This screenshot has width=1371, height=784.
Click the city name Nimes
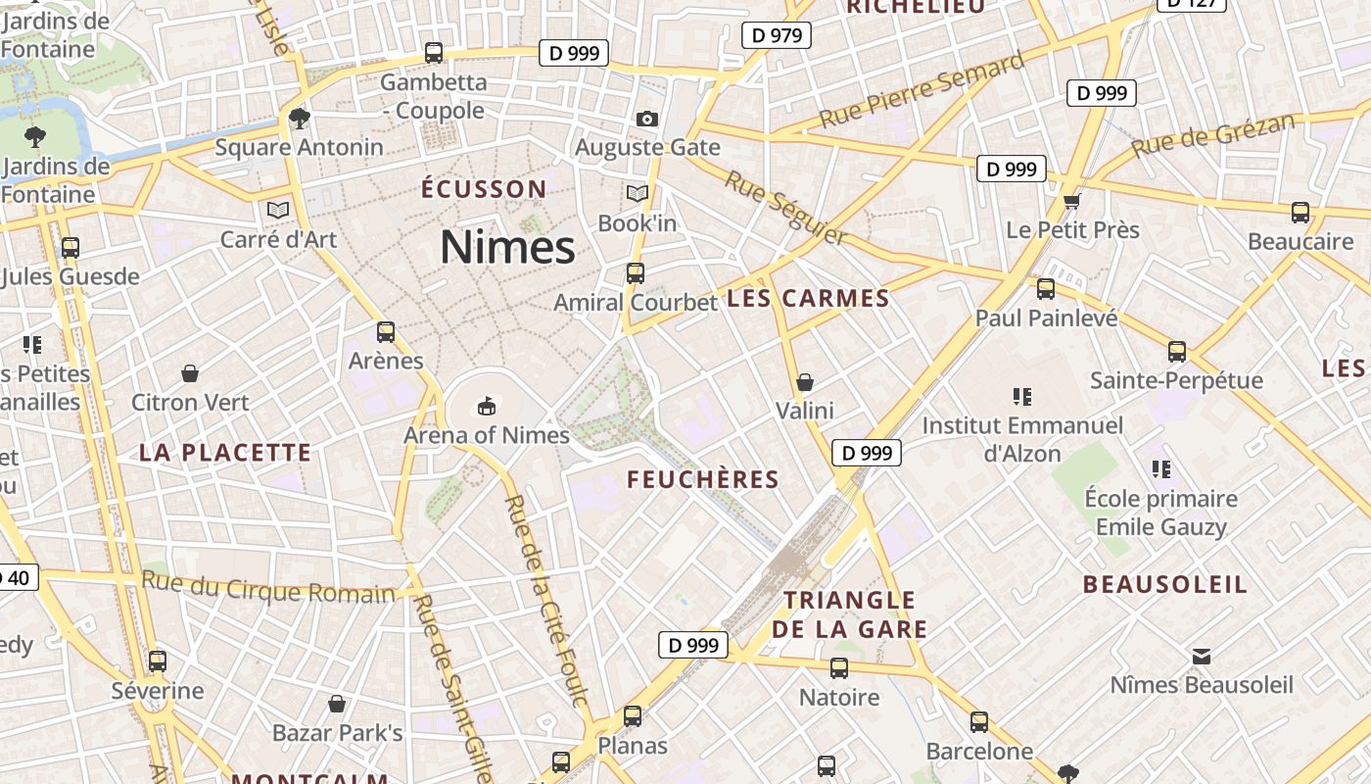pyautogui.click(x=507, y=247)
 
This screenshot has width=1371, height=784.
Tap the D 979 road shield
pyautogui.click(x=777, y=36)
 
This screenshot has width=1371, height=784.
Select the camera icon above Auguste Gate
pyautogui.click(x=647, y=119)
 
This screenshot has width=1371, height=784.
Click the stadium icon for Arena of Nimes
pyautogui.click(x=486, y=405)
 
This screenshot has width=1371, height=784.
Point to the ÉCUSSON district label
pyautogui.click(x=484, y=189)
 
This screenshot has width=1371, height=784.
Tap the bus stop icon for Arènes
pyautogui.click(x=386, y=332)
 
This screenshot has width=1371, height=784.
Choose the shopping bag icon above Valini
pyautogui.click(x=805, y=381)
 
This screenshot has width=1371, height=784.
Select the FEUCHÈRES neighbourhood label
pyautogui.click(x=703, y=480)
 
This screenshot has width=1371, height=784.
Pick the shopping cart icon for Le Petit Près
pyautogui.click(x=1072, y=201)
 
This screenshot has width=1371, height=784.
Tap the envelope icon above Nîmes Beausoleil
pyautogui.click(x=1202, y=656)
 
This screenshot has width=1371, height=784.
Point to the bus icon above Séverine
pyautogui.click(x=158, y=661)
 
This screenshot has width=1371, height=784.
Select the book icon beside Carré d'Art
pyautogui.click(x=278, y=210)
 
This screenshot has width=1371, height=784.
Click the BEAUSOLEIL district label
pyautogui.click(x=1164, y=585)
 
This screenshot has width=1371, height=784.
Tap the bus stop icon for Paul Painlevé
pyautogui.click(x=1046, y=289)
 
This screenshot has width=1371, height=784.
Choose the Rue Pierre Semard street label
pyautogui.click(x=922, y=90)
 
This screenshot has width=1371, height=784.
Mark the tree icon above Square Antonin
pyautogui.click(x=300, y=119)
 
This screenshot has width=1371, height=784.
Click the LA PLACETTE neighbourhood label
pyautogui.click(x=225, y=453)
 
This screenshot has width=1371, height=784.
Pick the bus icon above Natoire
pyautogui.click(x=839, y=668)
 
